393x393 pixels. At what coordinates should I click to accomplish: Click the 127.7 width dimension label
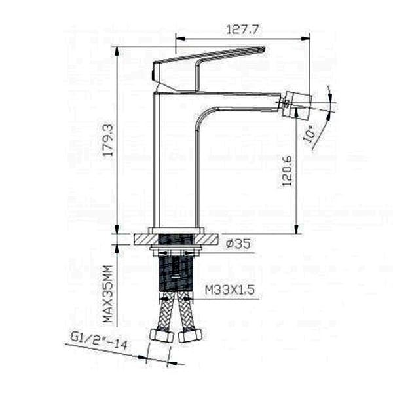pyautogui.click(x=242, y=29)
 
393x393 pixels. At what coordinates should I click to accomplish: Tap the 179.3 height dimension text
pyautogui.click(x=109, y=140)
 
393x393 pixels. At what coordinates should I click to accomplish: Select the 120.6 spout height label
pyautogui.click(x=288, y=171)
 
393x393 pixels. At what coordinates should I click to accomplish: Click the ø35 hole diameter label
pyautogui.click(x=238, y=244)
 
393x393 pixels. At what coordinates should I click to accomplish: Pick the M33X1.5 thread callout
pyautogui.click(x=230, y=290)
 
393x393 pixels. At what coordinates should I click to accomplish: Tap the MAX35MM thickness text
pyautogui.click(x=108, y=293)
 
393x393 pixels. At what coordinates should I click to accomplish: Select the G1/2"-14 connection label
pyautogui.click(x=100, y=341)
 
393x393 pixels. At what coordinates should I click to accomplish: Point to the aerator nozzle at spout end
pyautogui.click(x=297, y=103)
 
